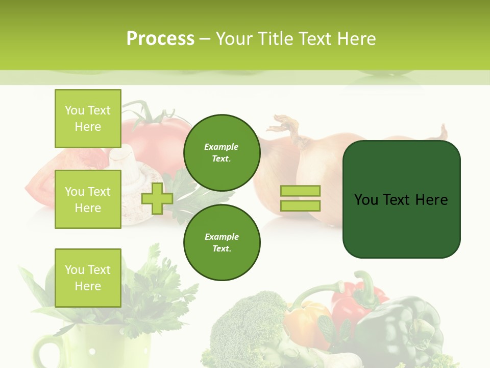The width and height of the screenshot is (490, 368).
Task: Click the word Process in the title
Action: click(160, 39)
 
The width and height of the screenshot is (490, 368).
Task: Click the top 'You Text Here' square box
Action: click(88, 119)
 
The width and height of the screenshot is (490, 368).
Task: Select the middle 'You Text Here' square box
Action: click(88, 199)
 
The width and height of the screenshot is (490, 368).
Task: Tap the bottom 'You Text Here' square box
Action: click(88, 278)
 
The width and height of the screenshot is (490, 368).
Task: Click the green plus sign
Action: click(157, 199)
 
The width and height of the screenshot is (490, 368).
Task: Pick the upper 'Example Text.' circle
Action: click(222, 153)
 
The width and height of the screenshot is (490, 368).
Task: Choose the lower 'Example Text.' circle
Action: click(222, 243)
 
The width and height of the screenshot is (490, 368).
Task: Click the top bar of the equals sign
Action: click(300, 191)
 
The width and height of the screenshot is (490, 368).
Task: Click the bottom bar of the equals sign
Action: click(300, 206)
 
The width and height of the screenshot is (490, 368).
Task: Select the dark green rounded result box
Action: click(401, 199)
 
